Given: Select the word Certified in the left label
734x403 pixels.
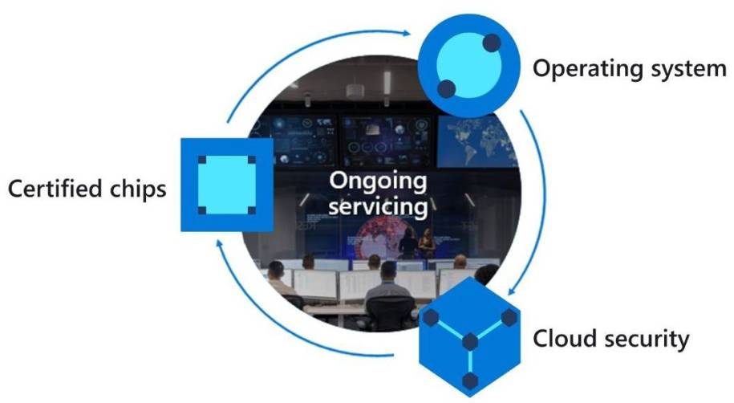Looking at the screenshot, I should click(55, 189).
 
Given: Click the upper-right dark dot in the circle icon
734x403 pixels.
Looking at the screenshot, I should click(491, 42).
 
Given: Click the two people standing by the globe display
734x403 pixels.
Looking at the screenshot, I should click(418, 242).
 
